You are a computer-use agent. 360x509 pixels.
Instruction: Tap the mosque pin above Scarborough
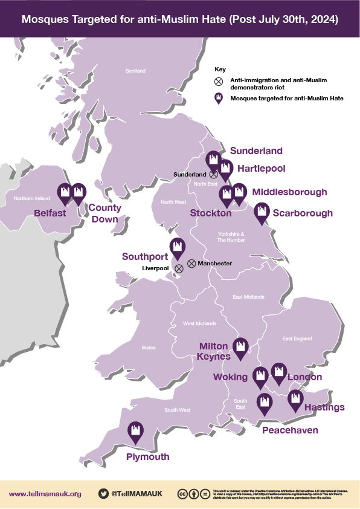click(x=262, y=212)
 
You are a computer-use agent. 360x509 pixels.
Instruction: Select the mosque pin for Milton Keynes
click(x=241, y=348)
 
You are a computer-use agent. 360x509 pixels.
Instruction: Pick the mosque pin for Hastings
click(x=295, y=400)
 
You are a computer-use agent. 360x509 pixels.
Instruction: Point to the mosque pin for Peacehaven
click(x=265, y=403)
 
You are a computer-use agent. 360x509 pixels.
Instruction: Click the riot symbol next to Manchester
click(x=191, y=264)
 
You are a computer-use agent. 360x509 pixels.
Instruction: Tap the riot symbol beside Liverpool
click(x=179, y=268)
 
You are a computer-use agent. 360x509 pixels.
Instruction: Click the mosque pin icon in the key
click(x=219, y=99)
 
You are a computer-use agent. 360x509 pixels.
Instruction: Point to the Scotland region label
click(x=135, y=71)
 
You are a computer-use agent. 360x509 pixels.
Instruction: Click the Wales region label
click(x=148, y=348)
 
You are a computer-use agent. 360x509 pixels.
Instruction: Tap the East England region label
click(x=297, y=339)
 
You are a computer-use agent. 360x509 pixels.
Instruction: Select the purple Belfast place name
click(x=50, y=213)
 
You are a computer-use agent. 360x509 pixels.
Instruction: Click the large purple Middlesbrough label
click(x=289, y=192)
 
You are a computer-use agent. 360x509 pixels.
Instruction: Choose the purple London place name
click(x=304, y=377)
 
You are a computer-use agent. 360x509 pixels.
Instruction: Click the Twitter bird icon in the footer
click(x=103, y=493)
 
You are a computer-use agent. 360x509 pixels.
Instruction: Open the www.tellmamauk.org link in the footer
click(x=45, y=494)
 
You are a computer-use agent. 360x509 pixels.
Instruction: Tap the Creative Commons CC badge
click(x=182, y=494)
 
